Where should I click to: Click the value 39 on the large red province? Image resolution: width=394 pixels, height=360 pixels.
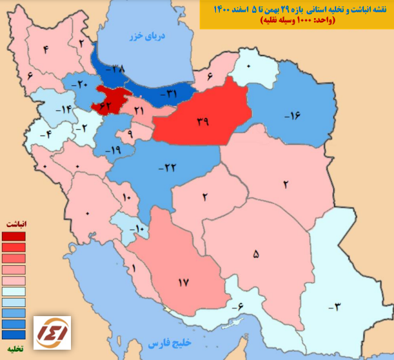point(204,121)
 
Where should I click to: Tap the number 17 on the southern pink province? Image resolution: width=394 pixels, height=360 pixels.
point(183,282)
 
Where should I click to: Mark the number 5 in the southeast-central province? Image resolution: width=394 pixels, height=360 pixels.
point(256,255)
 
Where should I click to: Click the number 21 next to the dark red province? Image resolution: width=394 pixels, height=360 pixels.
point(139,111)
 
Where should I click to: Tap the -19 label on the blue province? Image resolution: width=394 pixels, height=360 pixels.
point(113,150)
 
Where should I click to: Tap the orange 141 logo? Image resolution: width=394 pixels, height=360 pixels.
point(53,333)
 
